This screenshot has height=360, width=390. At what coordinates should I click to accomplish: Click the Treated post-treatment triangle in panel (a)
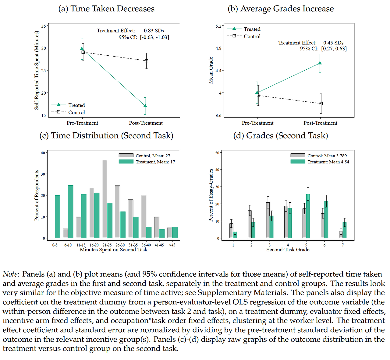145,106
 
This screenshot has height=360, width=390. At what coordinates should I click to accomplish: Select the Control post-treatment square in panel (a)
147,61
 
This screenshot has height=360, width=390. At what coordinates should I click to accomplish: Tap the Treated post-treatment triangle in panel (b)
320,63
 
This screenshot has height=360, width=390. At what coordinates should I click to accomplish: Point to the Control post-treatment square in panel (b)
321,104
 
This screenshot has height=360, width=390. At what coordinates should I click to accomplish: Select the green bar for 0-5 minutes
57,216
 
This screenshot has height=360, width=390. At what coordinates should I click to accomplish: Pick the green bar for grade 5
308,216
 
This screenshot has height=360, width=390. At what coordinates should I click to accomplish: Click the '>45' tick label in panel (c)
172,245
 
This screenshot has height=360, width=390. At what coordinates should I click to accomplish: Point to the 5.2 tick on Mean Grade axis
219,26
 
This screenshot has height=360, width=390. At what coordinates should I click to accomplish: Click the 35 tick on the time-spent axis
44,26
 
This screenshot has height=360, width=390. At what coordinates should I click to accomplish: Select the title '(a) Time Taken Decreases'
106,9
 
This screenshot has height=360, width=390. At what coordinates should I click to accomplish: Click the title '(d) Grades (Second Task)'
281,136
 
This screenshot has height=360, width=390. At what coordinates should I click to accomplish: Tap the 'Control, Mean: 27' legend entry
153,156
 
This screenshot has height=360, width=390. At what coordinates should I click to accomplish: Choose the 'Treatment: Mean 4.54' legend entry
328,162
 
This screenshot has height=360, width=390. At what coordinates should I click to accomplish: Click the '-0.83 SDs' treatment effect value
153,31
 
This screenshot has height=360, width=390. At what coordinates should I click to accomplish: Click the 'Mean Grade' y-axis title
211,70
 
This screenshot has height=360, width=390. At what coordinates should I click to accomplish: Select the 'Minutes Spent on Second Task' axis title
114,250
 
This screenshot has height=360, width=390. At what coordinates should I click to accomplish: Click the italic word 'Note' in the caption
10,274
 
